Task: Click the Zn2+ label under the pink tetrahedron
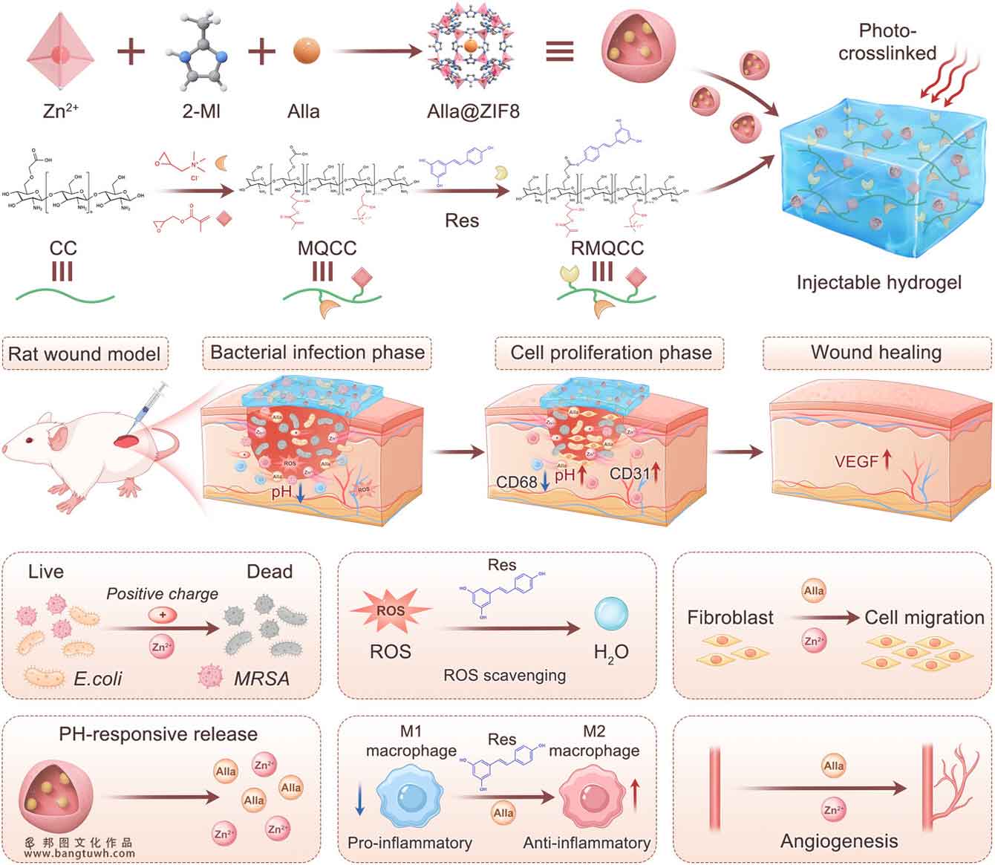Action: coord(61,111)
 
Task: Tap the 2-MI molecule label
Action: coord(200,111)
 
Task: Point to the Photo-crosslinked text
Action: coord(887,42)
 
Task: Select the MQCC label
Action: coord(327,248)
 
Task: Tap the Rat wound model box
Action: coord(84,353)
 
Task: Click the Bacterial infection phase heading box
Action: coord(317,353)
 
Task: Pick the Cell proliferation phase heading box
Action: coord(610,353)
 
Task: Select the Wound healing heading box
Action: coord(876,353)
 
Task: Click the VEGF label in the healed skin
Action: coord(856,462)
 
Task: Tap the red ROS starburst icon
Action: coord(391,610)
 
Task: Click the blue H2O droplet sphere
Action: coord(611,616)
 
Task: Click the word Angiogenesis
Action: coord(838,841)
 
